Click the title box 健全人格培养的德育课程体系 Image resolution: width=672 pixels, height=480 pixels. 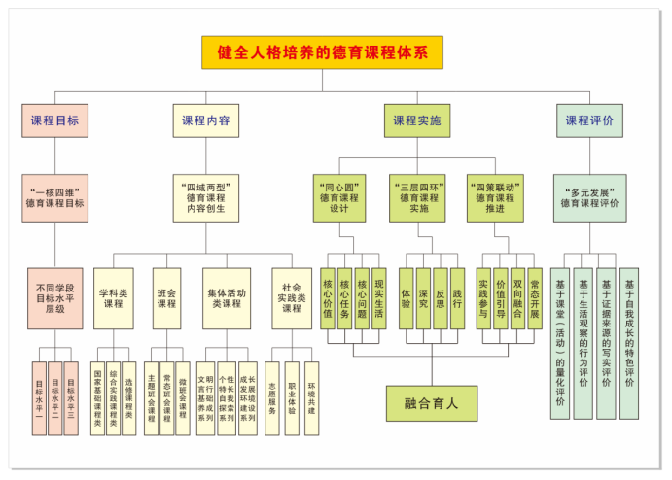click(323, 52)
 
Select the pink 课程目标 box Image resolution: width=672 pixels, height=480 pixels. click(54, 121)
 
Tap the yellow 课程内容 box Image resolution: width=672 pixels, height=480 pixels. click(205, 121)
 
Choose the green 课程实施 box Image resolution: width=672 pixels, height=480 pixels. click(416, 121)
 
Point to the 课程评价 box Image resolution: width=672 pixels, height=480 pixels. click(589, 121)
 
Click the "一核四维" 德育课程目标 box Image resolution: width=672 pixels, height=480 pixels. click(54, 197)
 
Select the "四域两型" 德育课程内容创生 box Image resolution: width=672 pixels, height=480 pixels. click(205, 199)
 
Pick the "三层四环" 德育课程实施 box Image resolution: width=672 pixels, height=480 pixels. click(418, 197)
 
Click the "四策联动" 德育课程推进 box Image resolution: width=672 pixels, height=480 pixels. click(495, 197)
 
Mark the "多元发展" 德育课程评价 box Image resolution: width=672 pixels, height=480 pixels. click(589, 197)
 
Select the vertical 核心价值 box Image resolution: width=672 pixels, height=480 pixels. click(328, 298)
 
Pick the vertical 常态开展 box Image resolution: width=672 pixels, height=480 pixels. click(535, 298)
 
